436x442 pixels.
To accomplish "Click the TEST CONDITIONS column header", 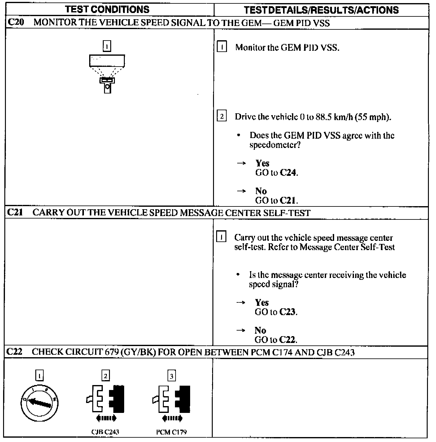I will [107, 10].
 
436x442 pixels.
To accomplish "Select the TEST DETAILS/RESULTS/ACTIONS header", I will [321, 10].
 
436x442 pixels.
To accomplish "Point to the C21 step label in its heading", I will [15, 213].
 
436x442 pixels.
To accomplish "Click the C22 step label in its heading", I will [14, 352].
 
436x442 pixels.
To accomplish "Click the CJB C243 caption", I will [106, 432].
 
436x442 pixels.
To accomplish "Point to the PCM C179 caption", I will [172, 432].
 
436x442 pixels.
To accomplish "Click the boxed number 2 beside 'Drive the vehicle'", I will [222, 116].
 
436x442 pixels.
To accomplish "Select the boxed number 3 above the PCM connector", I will [172, 376].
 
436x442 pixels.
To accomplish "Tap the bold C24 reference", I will [288, 173].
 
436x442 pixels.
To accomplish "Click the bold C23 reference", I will [287, 312].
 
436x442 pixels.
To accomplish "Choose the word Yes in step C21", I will [262, 302].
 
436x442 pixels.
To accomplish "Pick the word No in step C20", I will [261, 191].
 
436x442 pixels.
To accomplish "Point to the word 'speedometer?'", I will [275, 145].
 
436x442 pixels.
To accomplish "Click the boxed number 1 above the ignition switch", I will [40, 376].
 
